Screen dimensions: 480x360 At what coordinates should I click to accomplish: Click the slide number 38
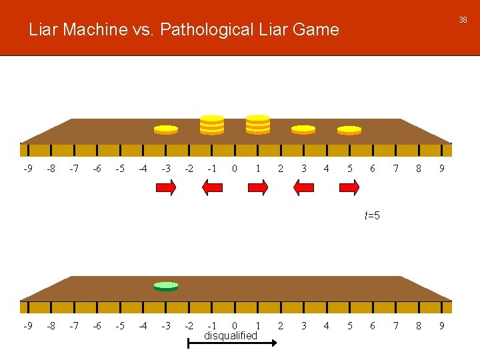[462, 20]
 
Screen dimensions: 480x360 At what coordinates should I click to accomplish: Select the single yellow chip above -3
[165, 129]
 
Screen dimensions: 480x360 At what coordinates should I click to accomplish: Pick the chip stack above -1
[212, 125]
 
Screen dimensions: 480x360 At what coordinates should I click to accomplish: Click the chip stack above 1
[257, 125]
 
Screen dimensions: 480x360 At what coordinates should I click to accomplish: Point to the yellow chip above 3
[303, 129]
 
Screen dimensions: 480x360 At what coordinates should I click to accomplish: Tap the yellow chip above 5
[349, 129]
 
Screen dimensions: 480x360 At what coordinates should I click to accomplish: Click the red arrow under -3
[166, 189]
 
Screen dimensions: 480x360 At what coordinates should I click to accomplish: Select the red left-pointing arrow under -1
[212, 189]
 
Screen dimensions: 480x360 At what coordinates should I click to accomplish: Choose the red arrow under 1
[257, 189]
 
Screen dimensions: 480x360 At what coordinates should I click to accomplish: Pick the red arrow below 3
[303, 189]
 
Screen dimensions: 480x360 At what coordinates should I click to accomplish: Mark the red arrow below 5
[349, 189]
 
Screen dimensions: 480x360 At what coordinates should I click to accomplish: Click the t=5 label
[372, 215]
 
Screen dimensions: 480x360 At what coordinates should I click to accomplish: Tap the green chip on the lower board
[166, 286]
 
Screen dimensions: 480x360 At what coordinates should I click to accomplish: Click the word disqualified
[230, 335]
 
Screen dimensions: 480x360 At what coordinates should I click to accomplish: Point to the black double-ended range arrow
[231, 343]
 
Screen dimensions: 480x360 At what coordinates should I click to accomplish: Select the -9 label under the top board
[27, 169]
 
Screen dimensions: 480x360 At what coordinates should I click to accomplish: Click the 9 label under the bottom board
[441, 326]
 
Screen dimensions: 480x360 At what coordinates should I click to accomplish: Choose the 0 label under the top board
[234, 169]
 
